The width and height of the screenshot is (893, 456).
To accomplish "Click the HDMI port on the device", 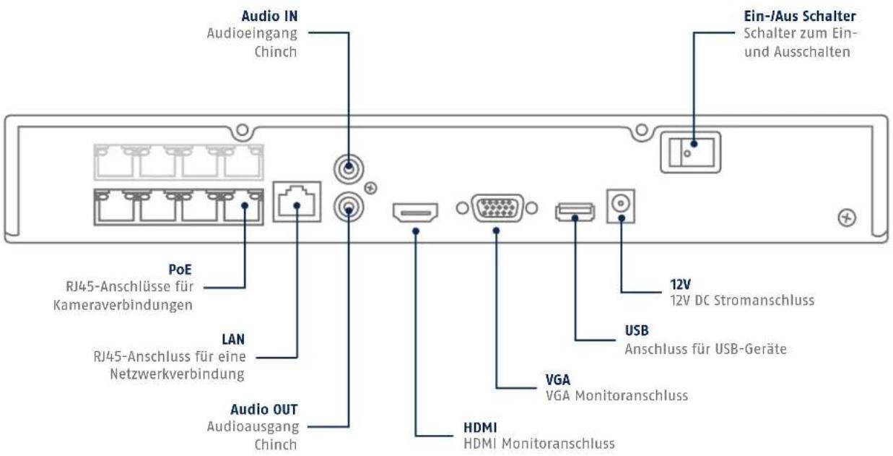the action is (415, 212).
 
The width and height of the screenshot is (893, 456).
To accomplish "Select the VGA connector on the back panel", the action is (497, 208).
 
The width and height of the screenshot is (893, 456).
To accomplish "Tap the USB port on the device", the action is (575, 212).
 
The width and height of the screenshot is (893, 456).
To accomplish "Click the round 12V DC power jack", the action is (620, 204).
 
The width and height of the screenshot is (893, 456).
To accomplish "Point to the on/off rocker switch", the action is (690, 152).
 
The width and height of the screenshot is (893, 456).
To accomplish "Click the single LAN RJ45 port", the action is (297, 202).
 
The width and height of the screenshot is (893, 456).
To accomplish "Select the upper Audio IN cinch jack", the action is (349, 169).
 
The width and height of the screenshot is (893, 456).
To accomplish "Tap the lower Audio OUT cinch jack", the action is (349, 207).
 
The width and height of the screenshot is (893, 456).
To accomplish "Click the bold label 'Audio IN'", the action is (269, 17).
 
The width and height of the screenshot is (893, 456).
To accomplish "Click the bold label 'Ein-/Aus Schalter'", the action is (800, 17).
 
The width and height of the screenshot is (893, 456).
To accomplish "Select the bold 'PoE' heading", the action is (180, 270).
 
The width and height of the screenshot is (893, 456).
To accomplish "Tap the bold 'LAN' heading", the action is (233, 340).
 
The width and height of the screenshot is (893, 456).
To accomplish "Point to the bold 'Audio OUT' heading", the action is (264, 410).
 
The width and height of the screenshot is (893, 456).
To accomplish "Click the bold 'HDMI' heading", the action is (480, 428).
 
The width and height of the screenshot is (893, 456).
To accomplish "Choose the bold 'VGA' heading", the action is (558, 380).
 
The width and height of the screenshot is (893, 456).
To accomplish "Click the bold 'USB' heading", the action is (637, 331).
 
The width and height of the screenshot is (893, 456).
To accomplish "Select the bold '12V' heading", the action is (680, 285).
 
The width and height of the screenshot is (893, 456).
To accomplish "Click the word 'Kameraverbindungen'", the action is (123, 305).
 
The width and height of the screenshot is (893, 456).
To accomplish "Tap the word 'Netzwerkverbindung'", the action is (177, 374).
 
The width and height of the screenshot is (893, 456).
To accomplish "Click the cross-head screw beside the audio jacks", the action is (371, 188).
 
